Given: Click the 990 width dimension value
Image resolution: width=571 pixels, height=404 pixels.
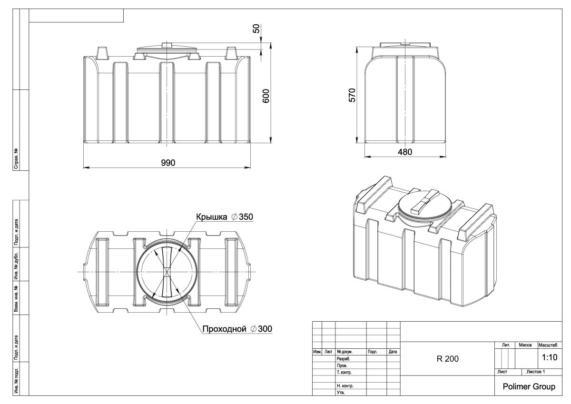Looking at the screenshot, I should (x=168, y=163).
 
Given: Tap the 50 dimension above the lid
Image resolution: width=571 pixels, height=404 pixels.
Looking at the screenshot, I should (x=256, y=28).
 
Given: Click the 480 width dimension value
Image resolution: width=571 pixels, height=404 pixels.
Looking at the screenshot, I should (x=405, y=152).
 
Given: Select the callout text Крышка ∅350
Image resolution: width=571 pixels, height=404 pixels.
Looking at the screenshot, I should (x=224, y=217).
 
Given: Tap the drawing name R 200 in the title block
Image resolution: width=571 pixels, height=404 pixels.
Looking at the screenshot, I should (x=447, y=359).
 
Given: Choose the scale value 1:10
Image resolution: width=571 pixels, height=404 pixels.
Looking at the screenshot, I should (x=550, y=357).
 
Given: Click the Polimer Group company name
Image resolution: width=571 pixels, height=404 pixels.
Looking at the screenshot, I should (x=529, y=387).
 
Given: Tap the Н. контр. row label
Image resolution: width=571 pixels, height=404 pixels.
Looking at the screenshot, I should (x=345, y=386).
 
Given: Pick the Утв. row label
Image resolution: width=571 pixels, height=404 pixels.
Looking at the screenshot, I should (x=341, y=393).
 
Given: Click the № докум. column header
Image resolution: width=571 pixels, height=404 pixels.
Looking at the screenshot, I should (x=344, y=352).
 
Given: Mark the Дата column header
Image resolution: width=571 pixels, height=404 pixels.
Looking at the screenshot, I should (x=393, y=352).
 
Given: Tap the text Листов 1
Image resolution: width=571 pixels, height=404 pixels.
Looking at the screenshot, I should (x=535, y=371).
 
